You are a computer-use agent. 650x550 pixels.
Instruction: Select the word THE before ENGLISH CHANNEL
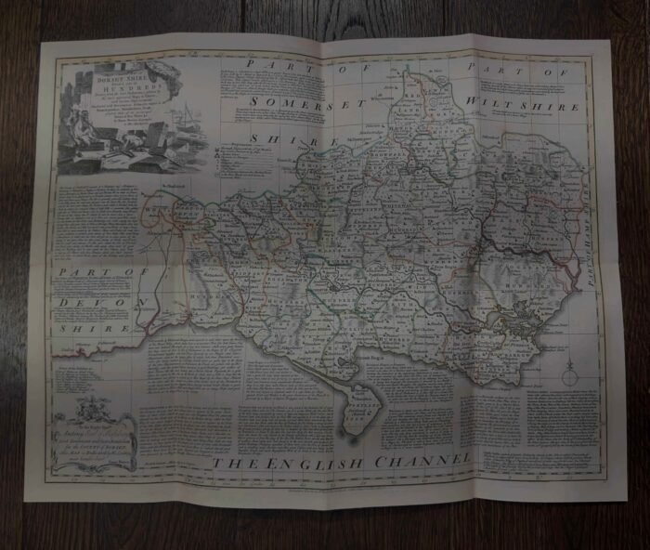[232, 463]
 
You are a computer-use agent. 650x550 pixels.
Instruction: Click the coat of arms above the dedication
[90, 406]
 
